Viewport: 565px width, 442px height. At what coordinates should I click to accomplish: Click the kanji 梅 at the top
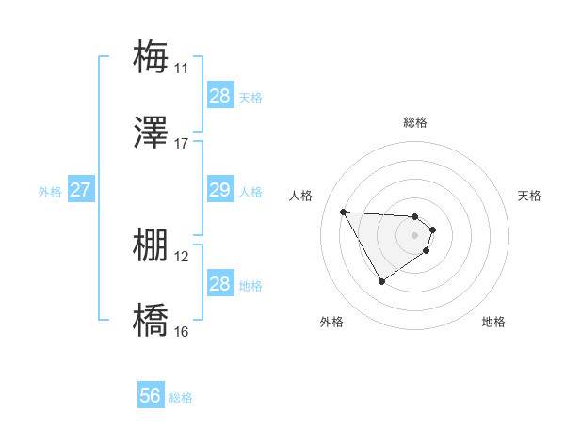coord(151,56)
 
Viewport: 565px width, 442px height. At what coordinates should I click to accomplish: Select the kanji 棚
coord(151,245)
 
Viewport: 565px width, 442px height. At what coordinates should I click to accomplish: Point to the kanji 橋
coord(151,321)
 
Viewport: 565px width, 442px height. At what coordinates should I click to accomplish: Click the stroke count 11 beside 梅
coord(181,68)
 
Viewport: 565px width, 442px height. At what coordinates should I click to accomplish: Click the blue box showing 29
coord(219,190)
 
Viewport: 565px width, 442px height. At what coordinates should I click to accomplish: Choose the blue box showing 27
coord(80,190)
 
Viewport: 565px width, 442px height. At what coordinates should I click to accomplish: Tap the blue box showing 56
coord(151,396)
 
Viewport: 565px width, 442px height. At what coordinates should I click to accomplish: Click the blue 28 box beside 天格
coord(219,95)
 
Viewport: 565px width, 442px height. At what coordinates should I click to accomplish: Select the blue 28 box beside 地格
coord(219,284)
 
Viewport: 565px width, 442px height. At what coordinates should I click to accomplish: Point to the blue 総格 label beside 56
coord(181,398)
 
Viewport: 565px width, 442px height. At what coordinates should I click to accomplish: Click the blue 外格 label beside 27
coord(50,192)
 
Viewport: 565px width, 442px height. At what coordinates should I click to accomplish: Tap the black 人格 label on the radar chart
coord(301,196)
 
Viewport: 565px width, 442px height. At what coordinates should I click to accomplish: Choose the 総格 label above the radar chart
coord(415,122)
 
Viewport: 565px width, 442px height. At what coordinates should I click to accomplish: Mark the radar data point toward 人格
coord(343,212)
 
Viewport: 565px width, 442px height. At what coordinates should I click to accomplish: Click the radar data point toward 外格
coord(381,281)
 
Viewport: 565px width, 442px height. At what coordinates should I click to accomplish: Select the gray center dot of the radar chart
coord(415,235)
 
